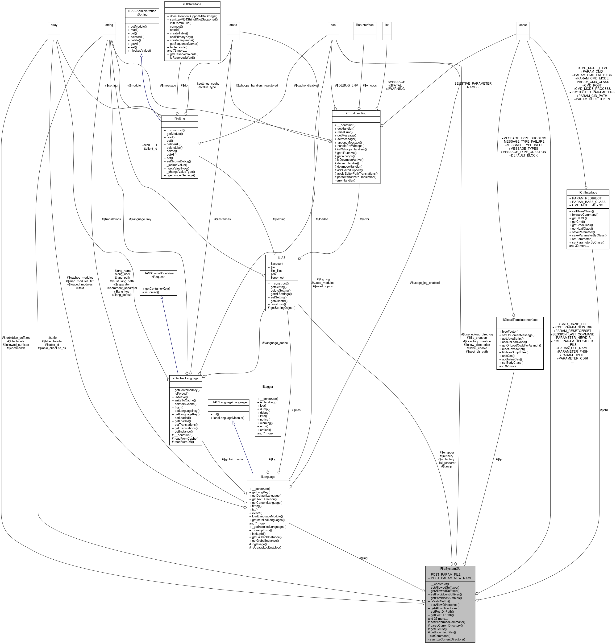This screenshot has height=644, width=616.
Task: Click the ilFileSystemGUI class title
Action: tap(450, 568)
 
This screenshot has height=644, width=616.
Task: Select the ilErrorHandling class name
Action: tap(356, 113)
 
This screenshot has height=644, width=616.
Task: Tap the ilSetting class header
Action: tap(179, 119)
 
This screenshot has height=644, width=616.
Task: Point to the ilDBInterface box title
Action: tap(192, 4)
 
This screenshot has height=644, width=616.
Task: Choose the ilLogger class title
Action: tap(268, 387)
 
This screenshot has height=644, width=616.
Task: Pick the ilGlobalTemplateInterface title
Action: tap(520, 320)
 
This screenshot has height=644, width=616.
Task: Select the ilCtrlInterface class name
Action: tap(587, 192)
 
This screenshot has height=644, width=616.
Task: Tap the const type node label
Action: tap(523, 25)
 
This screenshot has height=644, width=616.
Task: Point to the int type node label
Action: tap(387, 25)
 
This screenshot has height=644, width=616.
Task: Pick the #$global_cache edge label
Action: tap(233, 459)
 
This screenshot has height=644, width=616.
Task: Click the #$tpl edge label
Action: tap(499, 459)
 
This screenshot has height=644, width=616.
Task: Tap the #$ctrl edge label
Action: tap(604, 410)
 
